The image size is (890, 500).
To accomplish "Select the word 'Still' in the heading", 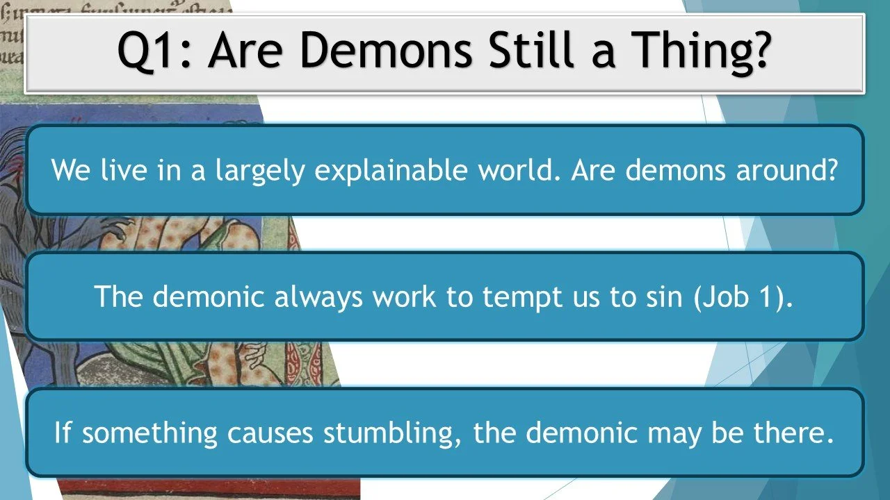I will (x=537, y=51).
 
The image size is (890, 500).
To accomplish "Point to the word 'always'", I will (x=318, y=297).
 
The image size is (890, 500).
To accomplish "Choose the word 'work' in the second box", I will (x=403, y=297).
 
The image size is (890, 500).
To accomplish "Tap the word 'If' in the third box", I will (x=63, y=433).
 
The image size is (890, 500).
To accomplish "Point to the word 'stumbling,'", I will (x=391, y=433).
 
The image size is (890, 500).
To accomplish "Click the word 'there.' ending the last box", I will (x=793, y=433).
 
